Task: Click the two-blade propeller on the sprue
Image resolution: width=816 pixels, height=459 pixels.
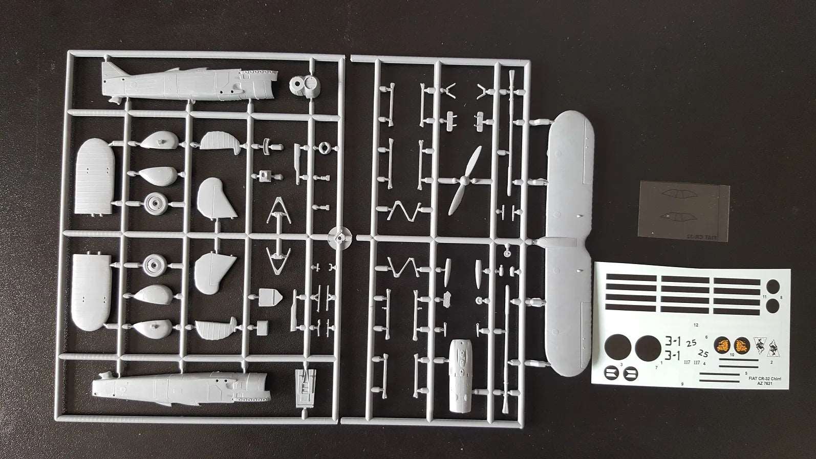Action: tap(464, 180)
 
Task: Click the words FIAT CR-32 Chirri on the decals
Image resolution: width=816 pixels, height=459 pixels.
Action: tap(765, 378)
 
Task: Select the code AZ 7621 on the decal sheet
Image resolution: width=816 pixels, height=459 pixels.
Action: tap(764, 384)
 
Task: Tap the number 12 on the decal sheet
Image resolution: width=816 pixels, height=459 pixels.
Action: tap(696, 324)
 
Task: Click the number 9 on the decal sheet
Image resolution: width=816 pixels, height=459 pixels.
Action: tap(682, 383)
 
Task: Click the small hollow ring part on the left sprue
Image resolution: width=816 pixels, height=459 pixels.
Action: tap(323, 148)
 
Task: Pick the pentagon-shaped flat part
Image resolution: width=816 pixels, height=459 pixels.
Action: tap(268, 296)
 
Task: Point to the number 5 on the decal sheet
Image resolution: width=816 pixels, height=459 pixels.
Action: tap(746, 373)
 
